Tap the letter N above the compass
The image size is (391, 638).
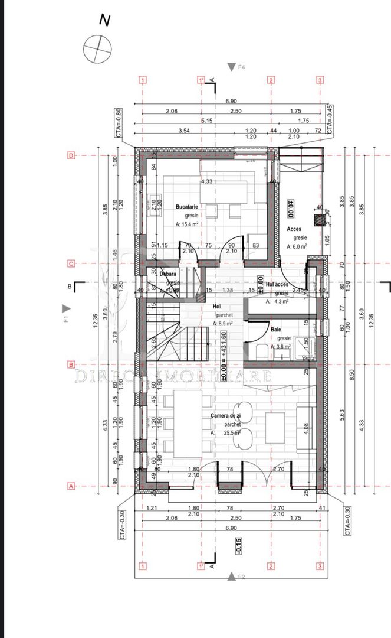click(x=105, y=20)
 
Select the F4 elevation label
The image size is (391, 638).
click(x=241, y=67)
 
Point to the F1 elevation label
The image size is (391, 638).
click(x=67, y=318)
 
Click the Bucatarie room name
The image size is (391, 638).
click(x=187, y=207)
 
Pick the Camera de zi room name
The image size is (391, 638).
click(x=226, y=416)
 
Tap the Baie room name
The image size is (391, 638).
click(x=276, y=329)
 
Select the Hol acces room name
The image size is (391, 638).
click(x=277, y=284)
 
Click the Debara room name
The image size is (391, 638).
click(x=168, y=274)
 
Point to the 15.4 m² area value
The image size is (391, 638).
click(x=186, y=224)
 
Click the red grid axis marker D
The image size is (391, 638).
click(x=71, y=156)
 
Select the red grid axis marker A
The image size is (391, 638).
click(x=71, y=486)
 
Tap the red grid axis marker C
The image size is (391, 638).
click(x=71, y=263)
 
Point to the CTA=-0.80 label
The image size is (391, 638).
click(x=119, y=122)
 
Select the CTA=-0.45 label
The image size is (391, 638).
click(x=330, y=119)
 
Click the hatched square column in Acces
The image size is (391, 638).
click(x=319, y=220)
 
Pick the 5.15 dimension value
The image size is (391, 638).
click(x=206, y=121)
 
